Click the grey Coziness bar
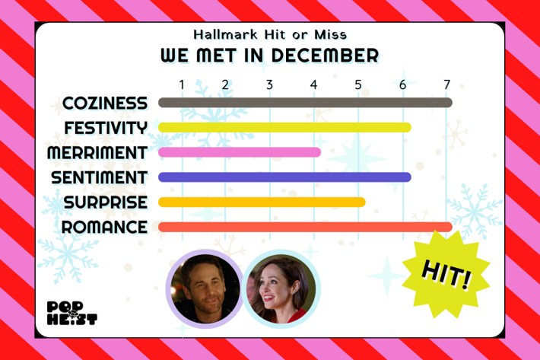point(304,103)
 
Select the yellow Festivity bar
point(284,127)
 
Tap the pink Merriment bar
point(239,152)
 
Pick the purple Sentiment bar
point(284,177)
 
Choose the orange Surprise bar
point(262,202)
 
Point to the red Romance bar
point(304,227)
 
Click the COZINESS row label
point(105,103)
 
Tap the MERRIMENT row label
point(97,152)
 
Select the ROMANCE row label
point(104,227)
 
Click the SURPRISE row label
point(105,202)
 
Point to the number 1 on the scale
point(182,83)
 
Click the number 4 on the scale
point(314,83)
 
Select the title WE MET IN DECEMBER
point(269,56)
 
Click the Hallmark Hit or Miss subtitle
point(269,34)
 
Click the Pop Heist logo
point(71,312)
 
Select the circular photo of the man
point(204,288)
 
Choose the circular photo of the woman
point(281,288)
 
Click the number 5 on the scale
point(358,83)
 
